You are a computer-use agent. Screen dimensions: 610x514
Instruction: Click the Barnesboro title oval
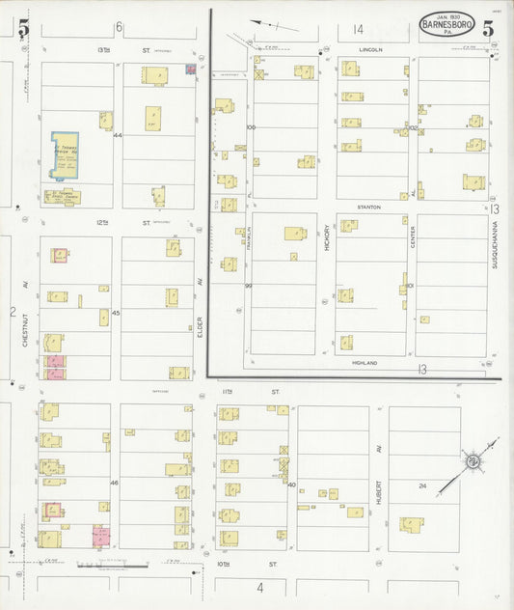point(446,25)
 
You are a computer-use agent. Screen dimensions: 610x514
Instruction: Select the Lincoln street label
point(370,49)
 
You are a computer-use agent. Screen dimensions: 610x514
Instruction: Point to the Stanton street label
point(369,208)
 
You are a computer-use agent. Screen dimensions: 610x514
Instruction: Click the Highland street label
point(365,364)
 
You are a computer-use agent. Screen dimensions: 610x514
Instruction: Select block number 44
point(118,136)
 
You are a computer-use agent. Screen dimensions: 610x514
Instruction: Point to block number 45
point(116,313)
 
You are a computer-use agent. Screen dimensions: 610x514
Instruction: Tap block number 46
point(114,483)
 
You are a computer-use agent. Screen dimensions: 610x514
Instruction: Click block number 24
point(421,486)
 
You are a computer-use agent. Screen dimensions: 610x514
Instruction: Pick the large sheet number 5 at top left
point(22,29)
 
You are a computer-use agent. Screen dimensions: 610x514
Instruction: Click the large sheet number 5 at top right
point(490,26)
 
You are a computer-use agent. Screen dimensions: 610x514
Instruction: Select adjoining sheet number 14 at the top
point(359,29)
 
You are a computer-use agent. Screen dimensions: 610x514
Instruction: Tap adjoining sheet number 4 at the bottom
point(259,587)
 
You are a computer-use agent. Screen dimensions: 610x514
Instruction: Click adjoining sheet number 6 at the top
point(120,27)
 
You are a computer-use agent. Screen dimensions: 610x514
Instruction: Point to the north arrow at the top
point(261,26)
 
